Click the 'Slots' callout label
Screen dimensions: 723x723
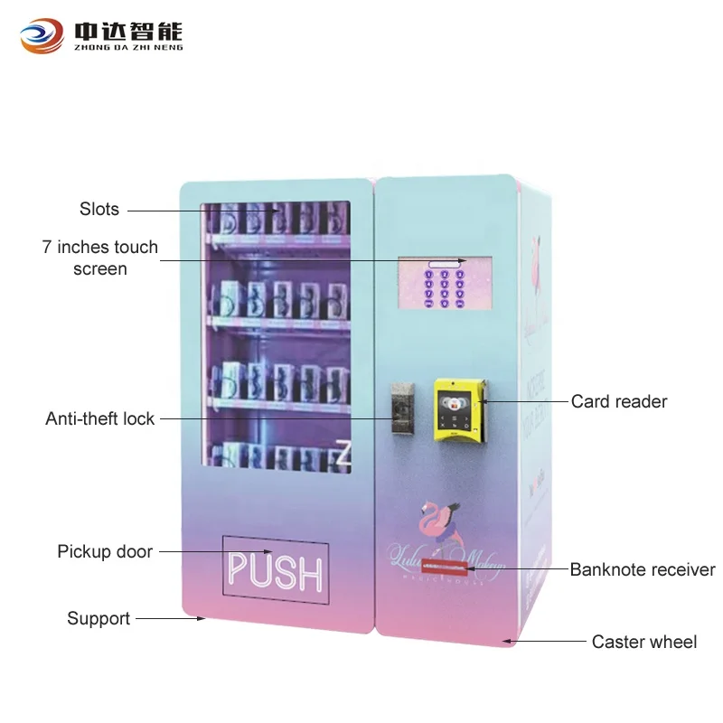99,209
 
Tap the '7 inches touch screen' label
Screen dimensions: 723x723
99,258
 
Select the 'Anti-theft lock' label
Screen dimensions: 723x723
100,418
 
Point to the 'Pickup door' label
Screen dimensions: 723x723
105,551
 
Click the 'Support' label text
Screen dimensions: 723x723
99,619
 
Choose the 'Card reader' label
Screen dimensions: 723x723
619,401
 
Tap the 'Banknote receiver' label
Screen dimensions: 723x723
642,569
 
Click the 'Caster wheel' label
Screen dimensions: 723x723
643,642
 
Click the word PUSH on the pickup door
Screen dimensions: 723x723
275,570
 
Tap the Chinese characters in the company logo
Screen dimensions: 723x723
127,29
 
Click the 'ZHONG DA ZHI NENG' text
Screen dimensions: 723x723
127,47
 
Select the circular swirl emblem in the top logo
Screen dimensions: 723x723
42,36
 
